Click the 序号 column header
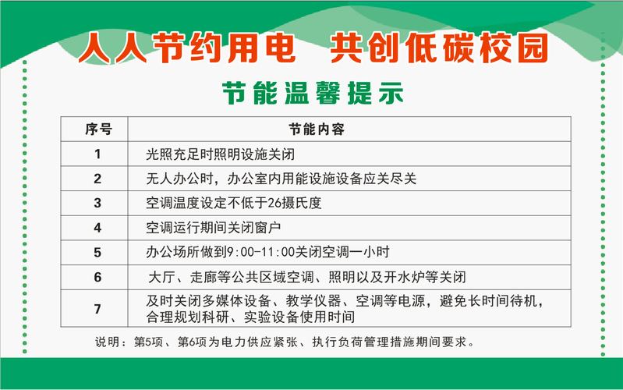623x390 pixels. [98, 129]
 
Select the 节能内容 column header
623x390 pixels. [317, 129]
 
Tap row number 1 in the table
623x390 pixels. [97, 154]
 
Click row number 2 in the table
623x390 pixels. [97, 179]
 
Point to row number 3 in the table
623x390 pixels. [97, 203]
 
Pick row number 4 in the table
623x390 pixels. [97, 228]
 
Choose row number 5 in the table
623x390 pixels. [97, 253]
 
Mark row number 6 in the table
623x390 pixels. [97, 277]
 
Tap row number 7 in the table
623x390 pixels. [97, 309]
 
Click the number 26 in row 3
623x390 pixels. [274, 203]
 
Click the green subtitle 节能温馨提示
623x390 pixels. [313, 94]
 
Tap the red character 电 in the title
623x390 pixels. [281, 48]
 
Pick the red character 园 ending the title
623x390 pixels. [533, 48]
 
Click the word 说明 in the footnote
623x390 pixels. [107, 342]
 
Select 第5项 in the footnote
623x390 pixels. [148, 342]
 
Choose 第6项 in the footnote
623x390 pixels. [193, 342]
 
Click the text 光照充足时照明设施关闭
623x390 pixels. [221, 154]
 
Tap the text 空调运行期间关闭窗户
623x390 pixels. [214, 228]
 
